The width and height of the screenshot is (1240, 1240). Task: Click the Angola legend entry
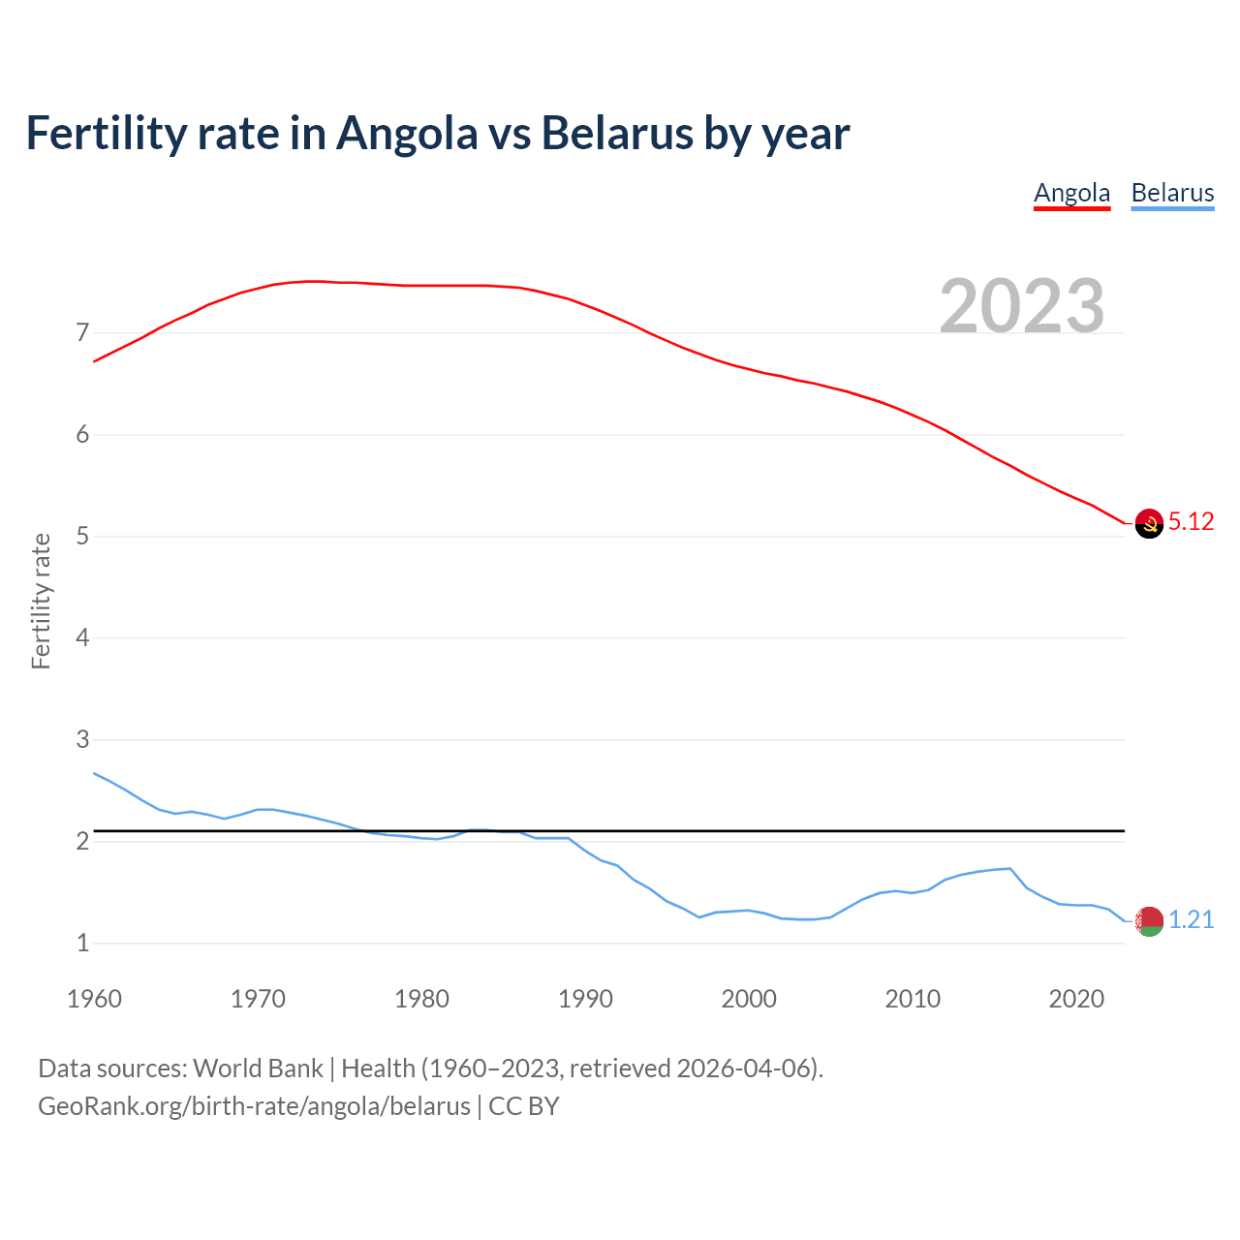pyautogui.click(x=1071, y=193)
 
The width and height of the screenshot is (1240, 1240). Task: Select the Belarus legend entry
pyautogui.click(x=1172, y=193)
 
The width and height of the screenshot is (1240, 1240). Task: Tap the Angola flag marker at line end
pyautogui.click(x=1149, y=523)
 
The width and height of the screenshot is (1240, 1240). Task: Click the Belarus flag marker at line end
pyautogui.click(x=1149, y=921)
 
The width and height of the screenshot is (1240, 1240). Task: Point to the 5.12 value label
pyautogui.click(x=1191, y=521)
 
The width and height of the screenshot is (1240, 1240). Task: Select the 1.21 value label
pyautogui.click(x=1191, y=919)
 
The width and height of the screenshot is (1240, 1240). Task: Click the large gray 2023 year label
pyautogui.click(x=1022, y=306)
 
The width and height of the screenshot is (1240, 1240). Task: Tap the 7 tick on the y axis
pyautogui.click(x=82, y=333)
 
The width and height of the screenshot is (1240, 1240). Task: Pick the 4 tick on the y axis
pyautogui.click(x=82, y=638)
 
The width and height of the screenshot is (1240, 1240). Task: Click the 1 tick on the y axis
pyautogui.click(x=82, y=943)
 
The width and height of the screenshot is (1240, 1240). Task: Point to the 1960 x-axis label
pyautogui.click(x=94, y=999)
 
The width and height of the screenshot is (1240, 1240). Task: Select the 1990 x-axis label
pyautogui.click(x=585, y=999)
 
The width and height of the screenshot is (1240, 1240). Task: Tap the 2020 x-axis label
pyautogui.click(x=1076, y=999)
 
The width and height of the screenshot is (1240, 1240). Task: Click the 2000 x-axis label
pyautogui.click(x=749, y=999)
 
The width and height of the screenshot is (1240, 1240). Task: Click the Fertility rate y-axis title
pyautogui.click(x=41, y=601)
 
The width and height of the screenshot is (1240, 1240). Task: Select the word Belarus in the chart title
pyautogui.click(x=616, y=133)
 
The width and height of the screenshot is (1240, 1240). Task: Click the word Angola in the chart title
pyautogui.click(x=407, y=133)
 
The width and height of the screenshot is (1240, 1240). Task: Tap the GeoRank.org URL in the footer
pyautogui.click(x=254, y=1106)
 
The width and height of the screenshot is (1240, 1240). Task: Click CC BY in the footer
pyautogui.click(x=524, y=1106)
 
